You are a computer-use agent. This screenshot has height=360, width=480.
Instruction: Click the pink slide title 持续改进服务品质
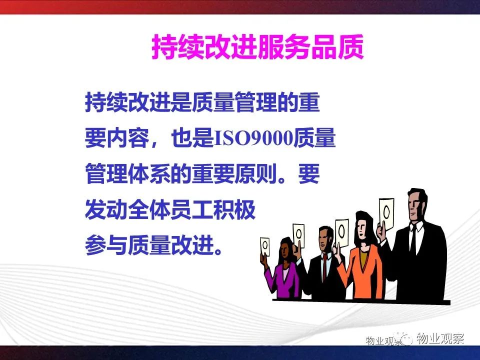258,46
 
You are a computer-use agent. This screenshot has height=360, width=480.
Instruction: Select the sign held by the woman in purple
265,246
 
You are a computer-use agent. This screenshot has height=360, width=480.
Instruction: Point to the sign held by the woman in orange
341,233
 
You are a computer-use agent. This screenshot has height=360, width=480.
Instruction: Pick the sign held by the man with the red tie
298,235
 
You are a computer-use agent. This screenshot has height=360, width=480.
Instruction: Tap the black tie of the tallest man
413,239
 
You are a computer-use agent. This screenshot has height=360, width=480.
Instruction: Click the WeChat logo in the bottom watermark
404,338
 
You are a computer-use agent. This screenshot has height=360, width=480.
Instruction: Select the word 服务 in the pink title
284,46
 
